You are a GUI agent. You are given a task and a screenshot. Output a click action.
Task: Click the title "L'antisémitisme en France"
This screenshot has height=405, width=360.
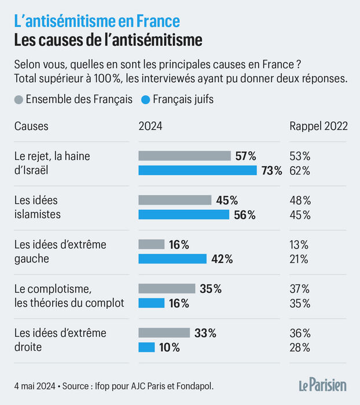96,21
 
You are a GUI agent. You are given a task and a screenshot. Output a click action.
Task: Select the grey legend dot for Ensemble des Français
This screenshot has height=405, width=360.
18,100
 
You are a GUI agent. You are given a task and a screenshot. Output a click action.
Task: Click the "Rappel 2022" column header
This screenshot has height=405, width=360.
318,126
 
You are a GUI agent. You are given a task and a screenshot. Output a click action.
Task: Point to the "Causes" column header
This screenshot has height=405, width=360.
31,126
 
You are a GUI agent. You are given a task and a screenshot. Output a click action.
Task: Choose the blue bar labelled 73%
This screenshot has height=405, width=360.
197,170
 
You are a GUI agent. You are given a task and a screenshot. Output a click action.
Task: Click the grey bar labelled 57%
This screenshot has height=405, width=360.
185,155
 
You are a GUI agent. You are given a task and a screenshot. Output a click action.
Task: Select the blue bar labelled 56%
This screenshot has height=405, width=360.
184,215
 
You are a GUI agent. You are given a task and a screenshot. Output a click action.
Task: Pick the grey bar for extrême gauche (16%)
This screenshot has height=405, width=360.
152,245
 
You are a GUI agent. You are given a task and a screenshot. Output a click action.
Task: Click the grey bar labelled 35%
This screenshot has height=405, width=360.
167,289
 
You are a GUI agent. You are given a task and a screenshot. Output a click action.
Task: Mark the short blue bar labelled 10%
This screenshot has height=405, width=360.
146,348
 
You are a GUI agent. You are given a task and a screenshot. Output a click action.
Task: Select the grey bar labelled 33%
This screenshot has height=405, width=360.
164,333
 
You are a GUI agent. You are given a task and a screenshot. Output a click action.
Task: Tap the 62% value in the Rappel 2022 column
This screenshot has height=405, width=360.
300,170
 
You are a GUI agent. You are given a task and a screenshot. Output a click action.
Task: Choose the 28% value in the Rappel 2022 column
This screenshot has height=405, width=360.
300,348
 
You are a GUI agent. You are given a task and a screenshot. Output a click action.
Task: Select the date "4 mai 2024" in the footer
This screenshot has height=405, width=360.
35,385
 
